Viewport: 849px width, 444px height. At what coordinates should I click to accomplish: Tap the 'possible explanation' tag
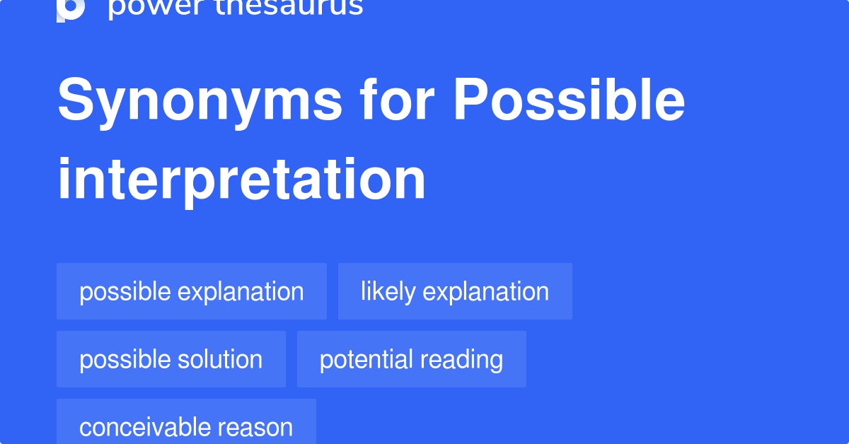(x=192, y=291)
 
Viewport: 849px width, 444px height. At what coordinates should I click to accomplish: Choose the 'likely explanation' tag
(x=455, y=291)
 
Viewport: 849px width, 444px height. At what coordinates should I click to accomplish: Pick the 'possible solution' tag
(x=171, y=359)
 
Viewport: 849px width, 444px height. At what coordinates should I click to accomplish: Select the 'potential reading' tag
(x=411, y=359)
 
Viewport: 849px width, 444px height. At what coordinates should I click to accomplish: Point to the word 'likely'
(x=388, y=292)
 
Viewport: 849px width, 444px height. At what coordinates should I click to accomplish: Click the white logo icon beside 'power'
(x=71, y=8)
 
